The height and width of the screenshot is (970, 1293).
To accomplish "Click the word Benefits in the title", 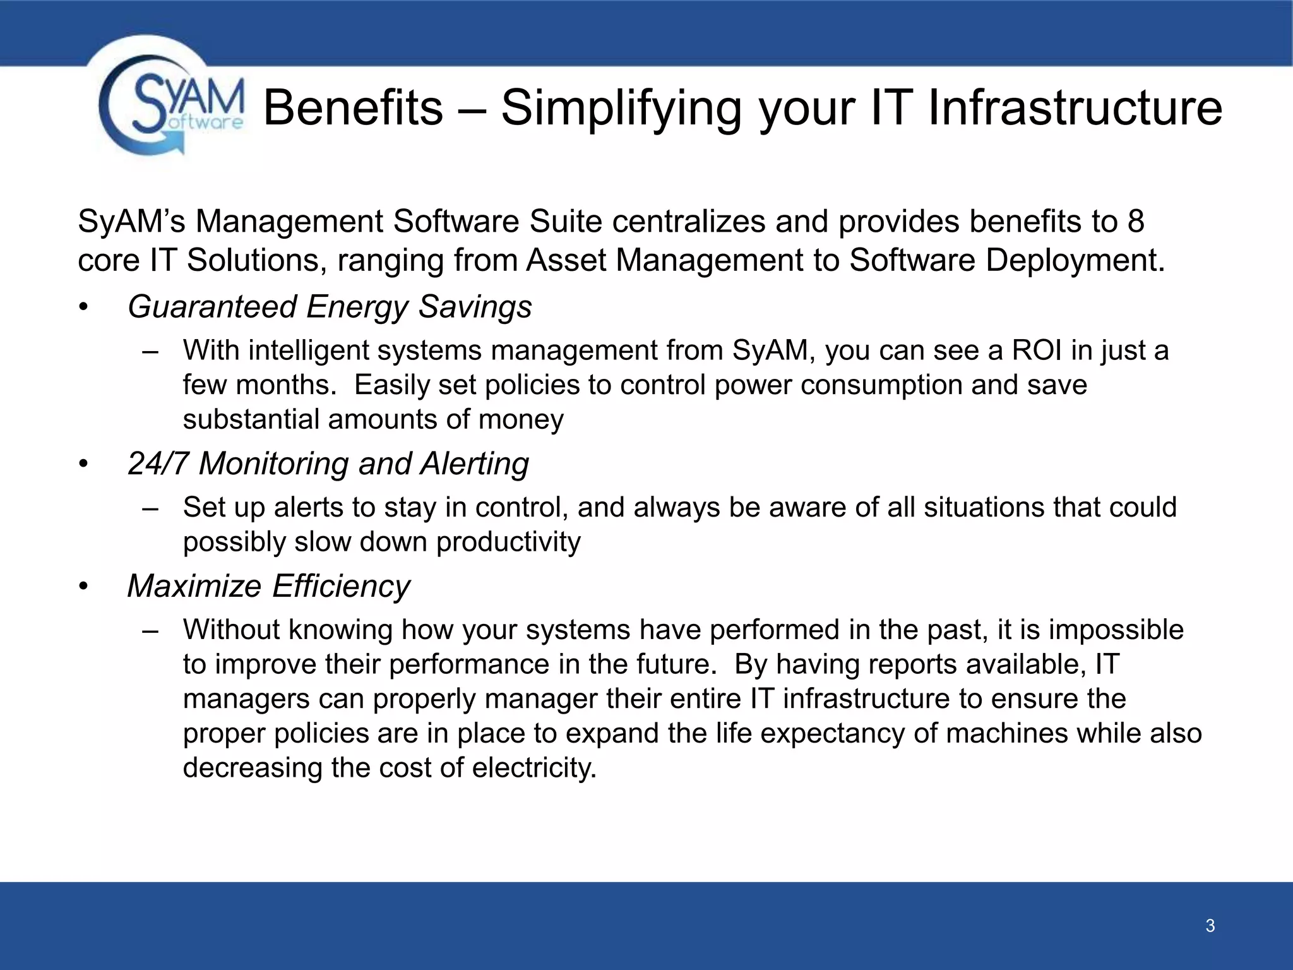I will pos(352,107).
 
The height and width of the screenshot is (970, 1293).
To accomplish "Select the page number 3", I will pos(1210,926).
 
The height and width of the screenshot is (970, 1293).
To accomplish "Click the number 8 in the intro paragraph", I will pos(1135,222).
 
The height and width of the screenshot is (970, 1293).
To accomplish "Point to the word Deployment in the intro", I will pos(1073,260).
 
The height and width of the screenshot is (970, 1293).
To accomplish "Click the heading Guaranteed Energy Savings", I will pos(330,307).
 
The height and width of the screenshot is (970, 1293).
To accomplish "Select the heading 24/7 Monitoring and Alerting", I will pos(328,464).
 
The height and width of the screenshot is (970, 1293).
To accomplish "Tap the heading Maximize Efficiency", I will pos(268,586).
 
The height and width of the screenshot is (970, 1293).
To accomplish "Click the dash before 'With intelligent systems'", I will pos(150,351).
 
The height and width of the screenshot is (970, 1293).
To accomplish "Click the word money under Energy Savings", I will pos(521,419).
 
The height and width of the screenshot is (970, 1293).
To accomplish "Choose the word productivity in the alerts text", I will pos(508,542).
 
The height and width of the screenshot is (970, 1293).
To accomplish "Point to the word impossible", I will pos(1116,630).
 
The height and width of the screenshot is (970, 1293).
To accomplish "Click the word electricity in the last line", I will pos(533,768).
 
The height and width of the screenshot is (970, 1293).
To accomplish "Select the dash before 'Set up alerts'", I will pos(150,508).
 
